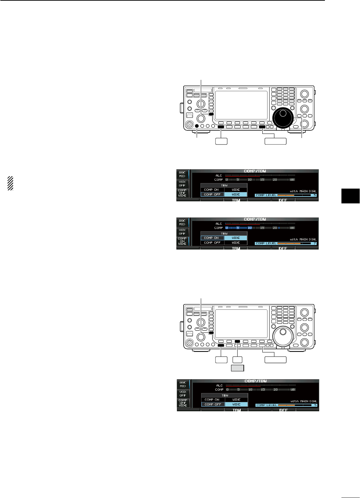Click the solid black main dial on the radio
[283, 117]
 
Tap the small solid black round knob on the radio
[197, 126]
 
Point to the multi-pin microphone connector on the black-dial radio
[189, 125]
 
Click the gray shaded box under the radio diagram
[237, 368]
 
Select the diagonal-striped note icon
[10, 183]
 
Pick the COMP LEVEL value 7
[314, 243]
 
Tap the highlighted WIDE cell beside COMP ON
[236, 238]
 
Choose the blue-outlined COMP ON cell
[212, 238]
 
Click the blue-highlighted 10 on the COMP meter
[250, 228]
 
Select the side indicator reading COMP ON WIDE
[182, 241]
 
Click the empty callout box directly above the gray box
[237, 360]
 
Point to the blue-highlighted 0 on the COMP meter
[227, 228]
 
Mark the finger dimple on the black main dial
[283, 113]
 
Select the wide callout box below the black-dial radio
[275, 141]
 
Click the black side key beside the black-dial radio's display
[211, 114]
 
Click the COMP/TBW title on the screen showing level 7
[255, 219]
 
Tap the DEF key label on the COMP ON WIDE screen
[283, 248]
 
